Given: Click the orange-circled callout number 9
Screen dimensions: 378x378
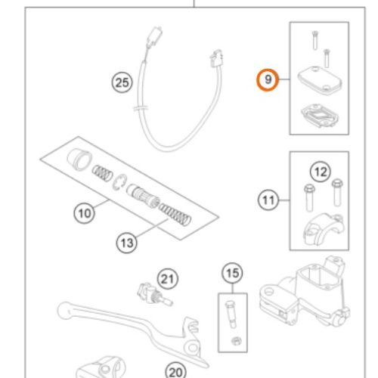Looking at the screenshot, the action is [268, 80].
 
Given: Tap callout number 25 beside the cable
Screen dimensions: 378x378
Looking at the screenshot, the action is [122, 82].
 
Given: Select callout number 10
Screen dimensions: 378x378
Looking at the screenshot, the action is [85, 213].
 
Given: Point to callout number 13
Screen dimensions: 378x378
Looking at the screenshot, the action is [127, 243].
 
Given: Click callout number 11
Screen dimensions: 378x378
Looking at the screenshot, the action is [268, 200].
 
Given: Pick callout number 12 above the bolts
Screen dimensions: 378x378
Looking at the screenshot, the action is [321, 172].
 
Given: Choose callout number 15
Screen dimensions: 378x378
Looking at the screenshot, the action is [232, 273].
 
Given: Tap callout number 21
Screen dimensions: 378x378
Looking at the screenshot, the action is [168, 279].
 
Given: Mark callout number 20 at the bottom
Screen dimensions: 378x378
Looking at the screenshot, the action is [175, 372].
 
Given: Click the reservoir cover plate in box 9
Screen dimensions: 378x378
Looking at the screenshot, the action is [320, 79].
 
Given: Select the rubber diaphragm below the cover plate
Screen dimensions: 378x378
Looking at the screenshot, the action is [320, 115].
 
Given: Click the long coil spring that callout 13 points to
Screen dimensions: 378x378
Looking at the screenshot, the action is [175, 214].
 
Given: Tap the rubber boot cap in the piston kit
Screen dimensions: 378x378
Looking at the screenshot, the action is [79, 160].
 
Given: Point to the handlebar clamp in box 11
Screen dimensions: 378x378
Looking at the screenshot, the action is [323, 229].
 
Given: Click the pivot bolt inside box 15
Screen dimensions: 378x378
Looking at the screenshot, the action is [231, 314].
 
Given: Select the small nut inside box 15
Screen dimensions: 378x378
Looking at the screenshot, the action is [237, 341].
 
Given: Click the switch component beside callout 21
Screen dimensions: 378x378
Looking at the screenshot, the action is [154, 295].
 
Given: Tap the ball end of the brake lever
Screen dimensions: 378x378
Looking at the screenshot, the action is [64, 310].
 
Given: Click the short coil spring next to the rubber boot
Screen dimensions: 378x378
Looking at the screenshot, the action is [102, 172].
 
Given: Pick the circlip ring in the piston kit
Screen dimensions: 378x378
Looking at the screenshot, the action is [119, 183].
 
